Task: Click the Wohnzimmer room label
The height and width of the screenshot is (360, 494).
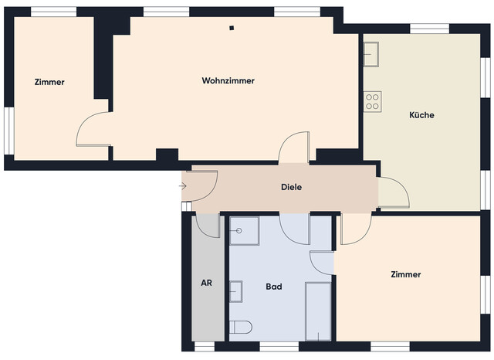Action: (228, 81)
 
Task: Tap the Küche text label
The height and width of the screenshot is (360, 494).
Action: (421, 115)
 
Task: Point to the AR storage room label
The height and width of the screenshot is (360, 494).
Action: (206, 283)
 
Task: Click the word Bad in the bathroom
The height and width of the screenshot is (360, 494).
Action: (273, 287)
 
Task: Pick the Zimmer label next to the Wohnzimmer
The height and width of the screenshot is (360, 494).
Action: (49, 82)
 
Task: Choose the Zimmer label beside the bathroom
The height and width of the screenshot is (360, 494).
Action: (405, 274)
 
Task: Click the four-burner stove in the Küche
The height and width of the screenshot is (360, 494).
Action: (373, 100)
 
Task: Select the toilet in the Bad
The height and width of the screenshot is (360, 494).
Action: (241, 328)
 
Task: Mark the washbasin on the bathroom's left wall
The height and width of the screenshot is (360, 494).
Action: (236, 290)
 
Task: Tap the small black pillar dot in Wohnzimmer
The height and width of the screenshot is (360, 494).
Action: (231, 29)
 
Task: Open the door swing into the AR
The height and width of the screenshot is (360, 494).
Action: (208, 225)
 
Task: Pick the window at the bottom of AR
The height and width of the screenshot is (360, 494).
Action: (205, 345)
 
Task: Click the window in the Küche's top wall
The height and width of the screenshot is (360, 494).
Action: (430, 29)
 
